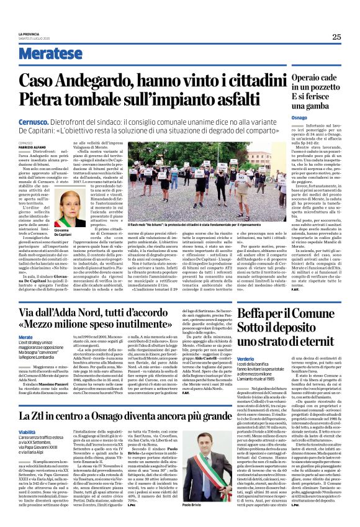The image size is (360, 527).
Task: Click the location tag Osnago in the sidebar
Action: [x=300, y=117]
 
